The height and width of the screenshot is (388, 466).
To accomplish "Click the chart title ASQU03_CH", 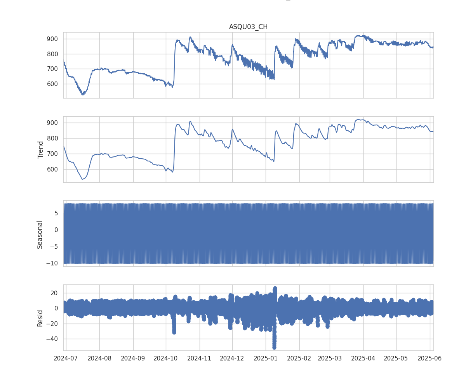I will pos(248,27).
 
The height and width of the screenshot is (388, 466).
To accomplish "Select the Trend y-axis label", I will pos(40,149).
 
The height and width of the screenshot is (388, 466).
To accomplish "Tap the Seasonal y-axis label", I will pos(40,234).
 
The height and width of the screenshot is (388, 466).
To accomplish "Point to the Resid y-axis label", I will pos(40,318).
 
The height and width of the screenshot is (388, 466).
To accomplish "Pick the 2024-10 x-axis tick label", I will pos(166,358).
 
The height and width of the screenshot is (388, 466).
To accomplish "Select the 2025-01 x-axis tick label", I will pos(266,358).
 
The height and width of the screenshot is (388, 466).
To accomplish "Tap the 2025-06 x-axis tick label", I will pos(430,358).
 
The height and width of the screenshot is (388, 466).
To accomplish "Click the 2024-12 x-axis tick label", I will pos(232,358).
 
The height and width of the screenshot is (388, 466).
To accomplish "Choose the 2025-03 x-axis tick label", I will pos(330,358).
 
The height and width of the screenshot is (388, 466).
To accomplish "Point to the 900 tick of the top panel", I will pos(52,39).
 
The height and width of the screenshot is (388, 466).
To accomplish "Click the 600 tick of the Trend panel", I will pos(52,170).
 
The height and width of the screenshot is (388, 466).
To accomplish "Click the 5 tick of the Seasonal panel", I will pos(56,213).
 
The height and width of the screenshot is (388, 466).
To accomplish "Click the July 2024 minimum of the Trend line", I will pos(82,179).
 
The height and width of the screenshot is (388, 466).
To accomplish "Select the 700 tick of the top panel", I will pos(52,69).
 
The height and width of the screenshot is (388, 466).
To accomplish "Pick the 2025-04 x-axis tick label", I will pos(363,358).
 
